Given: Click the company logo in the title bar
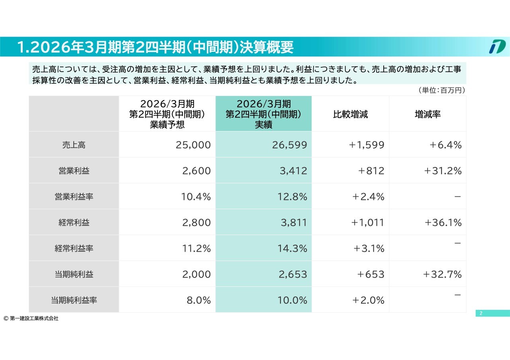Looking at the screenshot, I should (497, 47).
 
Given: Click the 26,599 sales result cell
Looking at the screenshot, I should (290, 145).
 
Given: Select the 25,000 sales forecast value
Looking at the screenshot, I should (193, 145).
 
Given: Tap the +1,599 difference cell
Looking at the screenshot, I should (367, 145).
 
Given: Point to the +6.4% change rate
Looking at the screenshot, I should (445, 145).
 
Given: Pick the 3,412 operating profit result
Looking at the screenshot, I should (294, 171).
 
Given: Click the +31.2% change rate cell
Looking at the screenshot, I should (443, 171).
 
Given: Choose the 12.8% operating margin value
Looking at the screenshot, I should (292, 197).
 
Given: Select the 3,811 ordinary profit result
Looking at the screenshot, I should (294, 223).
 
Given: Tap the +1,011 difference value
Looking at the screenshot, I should (367, 223).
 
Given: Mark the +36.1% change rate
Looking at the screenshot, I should (443, 223).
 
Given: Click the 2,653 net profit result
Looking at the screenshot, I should (294, 274).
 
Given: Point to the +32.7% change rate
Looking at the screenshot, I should (443, 274).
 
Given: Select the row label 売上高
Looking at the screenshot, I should (74, 145).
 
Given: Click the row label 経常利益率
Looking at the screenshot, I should (74, 248).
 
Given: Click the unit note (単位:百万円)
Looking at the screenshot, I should (441, 90).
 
